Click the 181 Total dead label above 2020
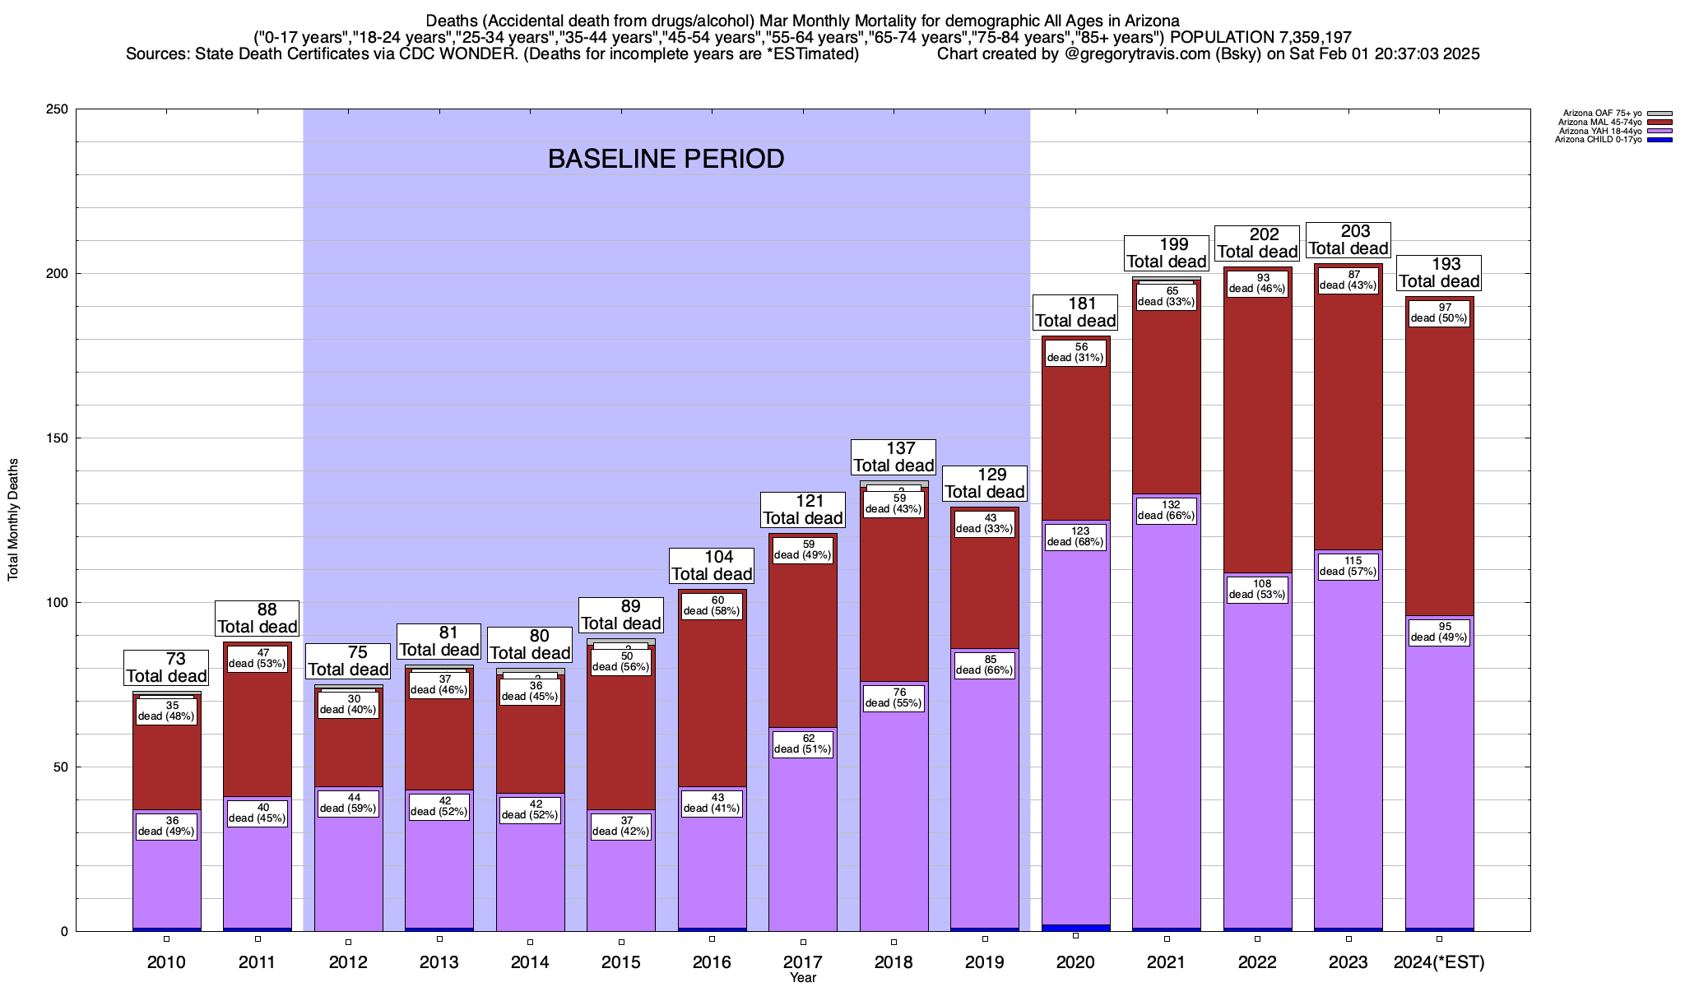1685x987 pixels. tap(1075, 313)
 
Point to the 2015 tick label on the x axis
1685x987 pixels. tap(621, 962)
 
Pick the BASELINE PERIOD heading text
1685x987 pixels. tap(666, 159)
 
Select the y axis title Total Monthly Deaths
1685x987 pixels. tap(13, 520)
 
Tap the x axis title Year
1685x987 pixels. tap(802, 978)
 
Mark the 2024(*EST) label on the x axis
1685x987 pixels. tap(1439, 962)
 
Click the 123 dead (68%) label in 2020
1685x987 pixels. tap(1075, 536)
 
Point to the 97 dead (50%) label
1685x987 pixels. tap(1439, 313)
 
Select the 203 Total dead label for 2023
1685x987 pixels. tap(1348, 240)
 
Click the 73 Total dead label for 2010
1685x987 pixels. tap(166, 668)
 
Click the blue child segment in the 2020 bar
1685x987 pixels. tap(1075, 928)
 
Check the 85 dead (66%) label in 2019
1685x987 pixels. tap(985, 665)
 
